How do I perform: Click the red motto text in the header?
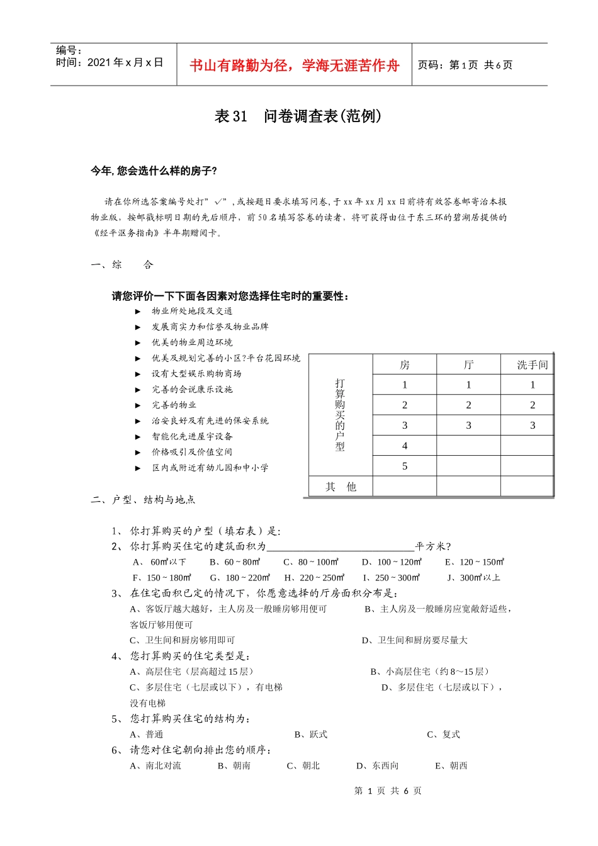click(x=294, y=65)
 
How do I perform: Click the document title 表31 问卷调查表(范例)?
click(x=298, y=116)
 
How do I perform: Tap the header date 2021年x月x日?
click(x=125, y=62)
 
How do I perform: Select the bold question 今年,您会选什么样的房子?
click(x=154, y=171)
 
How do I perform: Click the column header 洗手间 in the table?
click(x=532, y=365)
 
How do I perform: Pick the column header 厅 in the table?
click(x=468, y=365)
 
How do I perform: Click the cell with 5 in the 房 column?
click(x=404, y=466)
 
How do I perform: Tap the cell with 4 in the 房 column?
click(x=404, y=446)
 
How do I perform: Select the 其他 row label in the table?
click(x=341, y=487)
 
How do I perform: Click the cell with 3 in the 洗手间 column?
click(x=532, y=426)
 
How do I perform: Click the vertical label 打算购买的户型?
click(x=340, y=415)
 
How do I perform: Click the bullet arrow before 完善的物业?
click(x=138, y=405)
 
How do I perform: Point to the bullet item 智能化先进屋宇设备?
click(x=192, y=436)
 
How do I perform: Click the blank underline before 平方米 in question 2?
click(x=340, y=546)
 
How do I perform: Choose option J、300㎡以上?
click(x=473, y=577)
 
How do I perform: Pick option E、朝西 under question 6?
click(x=451, y=766)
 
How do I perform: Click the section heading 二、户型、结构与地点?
click(x=143, y=500)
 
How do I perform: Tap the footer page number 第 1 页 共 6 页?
click(x=388, y=791)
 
